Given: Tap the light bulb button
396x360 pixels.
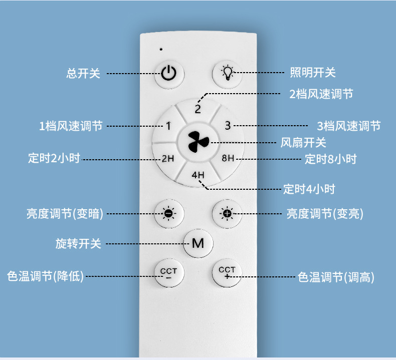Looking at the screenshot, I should tap(228, 73).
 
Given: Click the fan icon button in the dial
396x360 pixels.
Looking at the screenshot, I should tap(197, 142).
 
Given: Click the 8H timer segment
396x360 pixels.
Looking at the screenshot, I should tap(228, 159).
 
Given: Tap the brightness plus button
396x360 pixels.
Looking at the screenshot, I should tap(227, 214).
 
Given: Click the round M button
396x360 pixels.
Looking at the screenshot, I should tap(198, 243).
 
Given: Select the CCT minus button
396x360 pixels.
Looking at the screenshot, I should tap(169, 273).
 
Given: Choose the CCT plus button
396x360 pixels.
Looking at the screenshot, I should tap(227, 273).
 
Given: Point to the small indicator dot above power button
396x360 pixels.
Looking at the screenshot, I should tap(161, 49).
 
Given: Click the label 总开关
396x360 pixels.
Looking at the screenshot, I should tap(83, 73).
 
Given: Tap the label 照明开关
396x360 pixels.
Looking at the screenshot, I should tap(313, 73).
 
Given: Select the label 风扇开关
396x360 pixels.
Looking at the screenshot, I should tap(303, 142).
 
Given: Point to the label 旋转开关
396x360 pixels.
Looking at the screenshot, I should tap(78, 244).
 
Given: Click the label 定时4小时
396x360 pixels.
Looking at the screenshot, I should tap(309, 189).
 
